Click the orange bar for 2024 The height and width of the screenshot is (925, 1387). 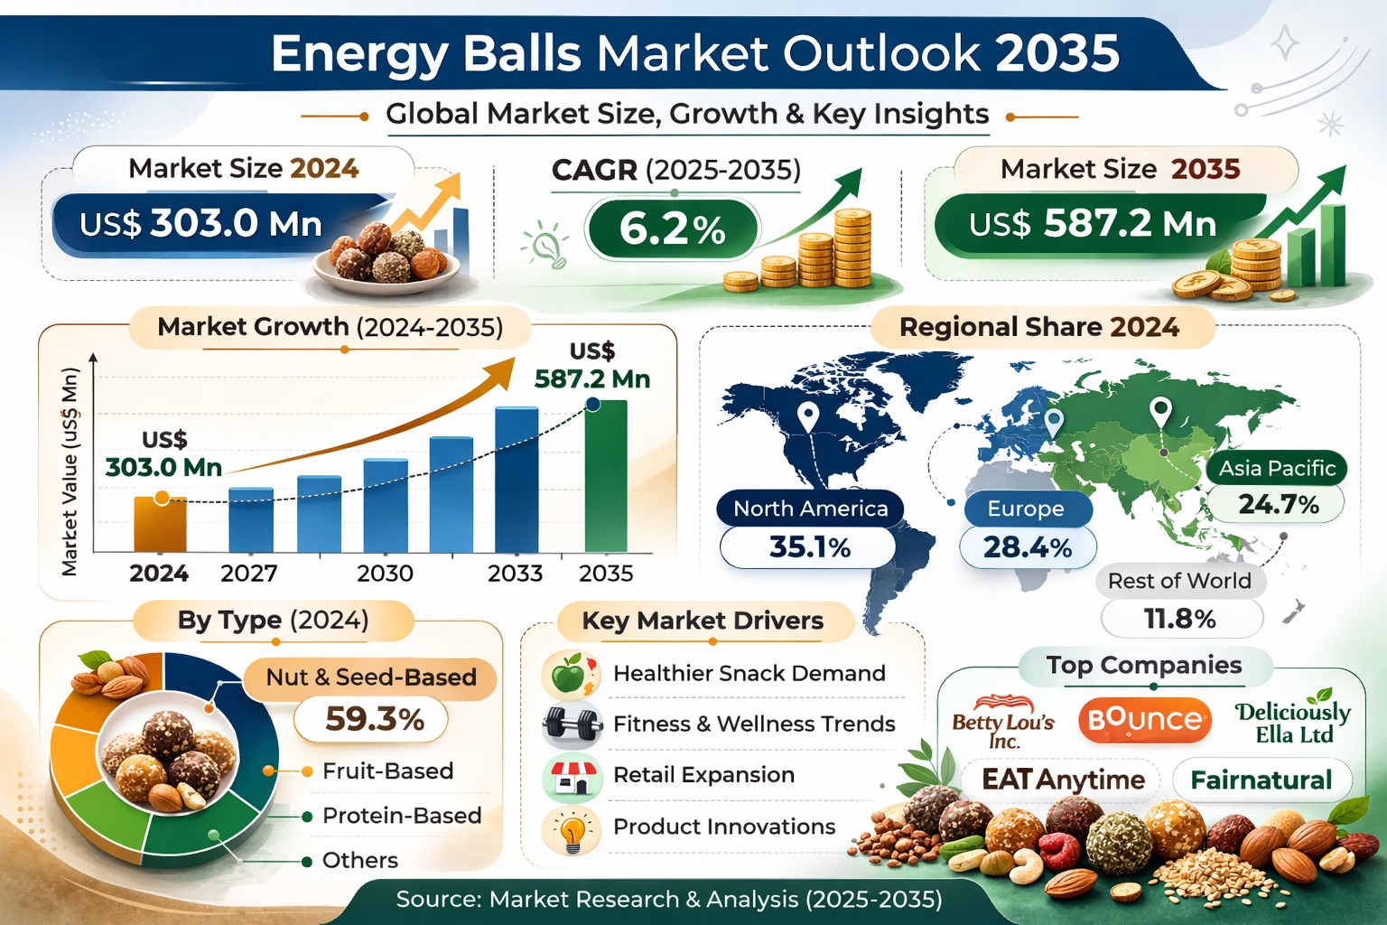(x=160, y=524)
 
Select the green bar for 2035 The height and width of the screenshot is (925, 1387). (x=606, y=476)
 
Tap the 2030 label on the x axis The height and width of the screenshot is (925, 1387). (x=386, y=573)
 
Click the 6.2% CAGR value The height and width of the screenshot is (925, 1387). (x=673, y=229)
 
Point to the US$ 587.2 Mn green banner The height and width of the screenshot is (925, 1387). (x=1093, y=224)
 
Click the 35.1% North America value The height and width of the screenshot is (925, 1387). (x=809, y=547)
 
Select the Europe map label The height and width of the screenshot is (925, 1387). (x=1026, y=509)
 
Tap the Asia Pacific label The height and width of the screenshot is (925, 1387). (x=1277, y=468)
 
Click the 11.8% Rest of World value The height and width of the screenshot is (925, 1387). (x=1180, y=618)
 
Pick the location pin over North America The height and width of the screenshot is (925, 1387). (x=807, y=417)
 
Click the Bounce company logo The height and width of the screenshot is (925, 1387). (x=1145, y=720)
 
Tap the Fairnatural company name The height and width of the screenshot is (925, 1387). (x=1261, y=780)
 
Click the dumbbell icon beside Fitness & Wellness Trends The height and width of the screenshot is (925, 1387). (x=572, y=723)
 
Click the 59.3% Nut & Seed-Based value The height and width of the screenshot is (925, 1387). (x=374, y=719)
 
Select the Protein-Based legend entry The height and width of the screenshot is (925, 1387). (x=402, y=816)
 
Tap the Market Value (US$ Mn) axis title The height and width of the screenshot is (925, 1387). (x=70, y=472)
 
